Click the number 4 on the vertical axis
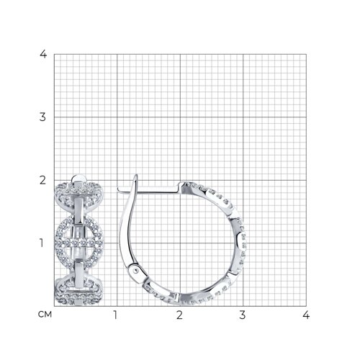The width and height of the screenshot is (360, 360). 43,55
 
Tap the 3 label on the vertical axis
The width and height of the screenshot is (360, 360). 42,117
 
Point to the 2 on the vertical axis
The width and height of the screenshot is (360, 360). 42,180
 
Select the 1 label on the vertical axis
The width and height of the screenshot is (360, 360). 42,243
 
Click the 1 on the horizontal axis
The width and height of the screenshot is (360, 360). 115,315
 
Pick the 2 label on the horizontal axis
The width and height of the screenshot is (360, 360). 179,315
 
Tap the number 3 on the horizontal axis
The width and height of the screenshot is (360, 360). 243,315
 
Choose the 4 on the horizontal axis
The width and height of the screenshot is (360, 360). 306,315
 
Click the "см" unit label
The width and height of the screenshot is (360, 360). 45,315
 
